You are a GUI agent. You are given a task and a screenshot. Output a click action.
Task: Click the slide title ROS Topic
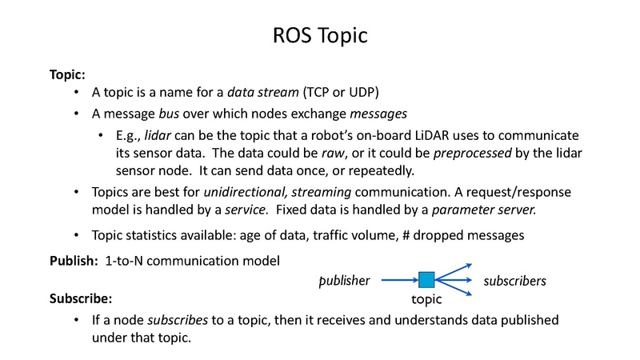(x=319, y=37)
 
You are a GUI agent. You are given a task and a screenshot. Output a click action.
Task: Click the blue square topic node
(x=426, y=280)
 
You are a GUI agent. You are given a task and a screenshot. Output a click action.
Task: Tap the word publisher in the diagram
(x=344, y=281)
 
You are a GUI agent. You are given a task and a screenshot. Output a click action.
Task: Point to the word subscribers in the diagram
(x=514, y=281)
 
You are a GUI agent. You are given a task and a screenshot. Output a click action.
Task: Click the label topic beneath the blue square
(x=426, y=302)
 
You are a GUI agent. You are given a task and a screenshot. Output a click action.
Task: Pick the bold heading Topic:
(x=67, y=74)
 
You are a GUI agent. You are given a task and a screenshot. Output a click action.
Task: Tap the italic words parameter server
(x=489, y=210)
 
